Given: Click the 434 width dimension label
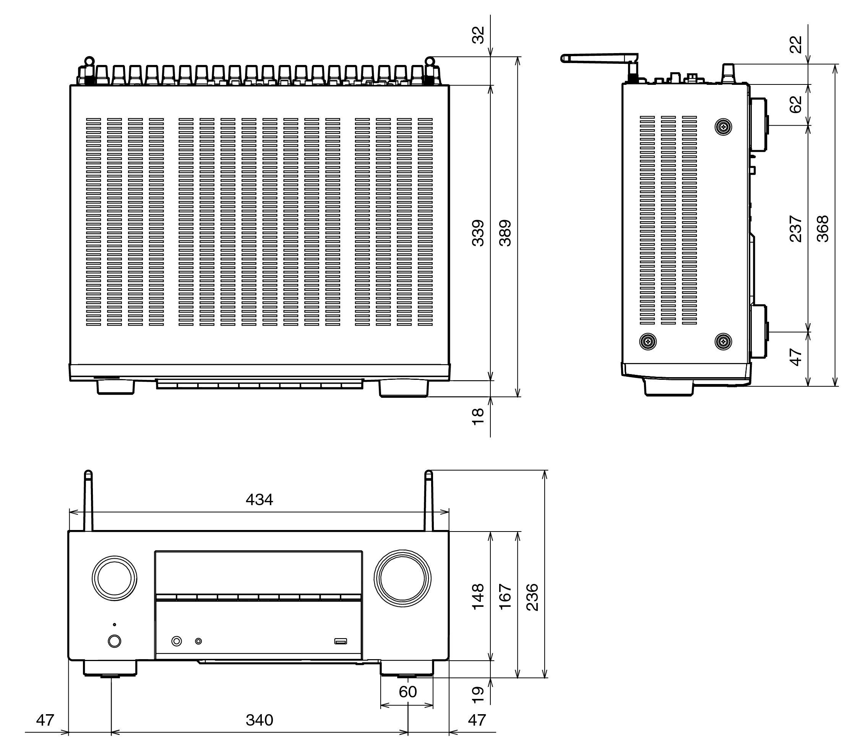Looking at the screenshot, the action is tap(259, 500).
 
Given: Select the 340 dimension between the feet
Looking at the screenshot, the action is tap(259, 720).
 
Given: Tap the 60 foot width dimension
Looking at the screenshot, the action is tap(407, 692).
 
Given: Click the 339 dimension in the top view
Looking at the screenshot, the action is tap(478, 233).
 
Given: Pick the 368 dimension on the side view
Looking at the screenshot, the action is tap(823, 229).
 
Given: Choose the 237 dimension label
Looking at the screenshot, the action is tap(796, 229).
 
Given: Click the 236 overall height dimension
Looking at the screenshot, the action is tap(532, 597).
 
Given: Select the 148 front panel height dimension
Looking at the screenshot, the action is tap(478, 596).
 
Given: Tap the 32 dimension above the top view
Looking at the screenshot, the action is tap(478, 35).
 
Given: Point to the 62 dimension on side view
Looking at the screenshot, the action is tap(796, 104).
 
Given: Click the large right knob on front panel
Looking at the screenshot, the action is tap(402, 578).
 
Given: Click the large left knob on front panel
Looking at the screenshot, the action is tap(115, 578).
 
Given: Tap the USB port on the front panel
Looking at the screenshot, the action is tap(341, 641).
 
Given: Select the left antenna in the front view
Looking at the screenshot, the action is tap(88, 501).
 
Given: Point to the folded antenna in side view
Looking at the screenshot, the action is tap(600, 58).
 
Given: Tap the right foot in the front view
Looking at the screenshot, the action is tap(406, 668).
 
